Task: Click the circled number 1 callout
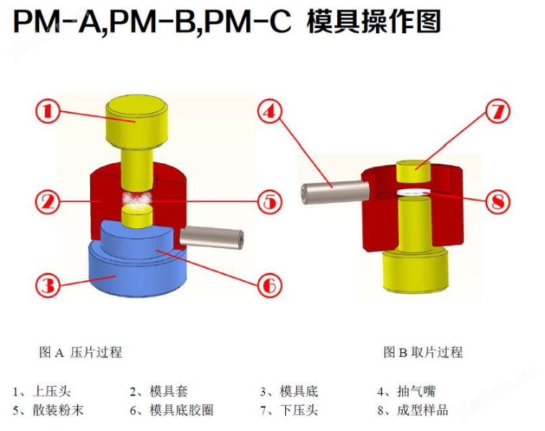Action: (48, 111)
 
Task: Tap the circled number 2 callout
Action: (48, 201)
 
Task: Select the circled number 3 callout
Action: (48, 285)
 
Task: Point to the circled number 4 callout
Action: (270, 111)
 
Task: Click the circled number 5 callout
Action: (270, 201)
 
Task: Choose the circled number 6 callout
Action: (270, 285)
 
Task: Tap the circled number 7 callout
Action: (498, 111)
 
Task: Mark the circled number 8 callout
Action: (498, 201)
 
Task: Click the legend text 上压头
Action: (51, 391)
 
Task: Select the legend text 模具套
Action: (169, 391)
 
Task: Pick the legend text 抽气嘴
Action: (416, 391)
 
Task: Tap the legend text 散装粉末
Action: (58, 411)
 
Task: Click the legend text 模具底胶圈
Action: (181, 411)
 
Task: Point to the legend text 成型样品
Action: (422, 411)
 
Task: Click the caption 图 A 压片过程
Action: (81, 352)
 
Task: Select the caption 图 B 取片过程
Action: (423, 352)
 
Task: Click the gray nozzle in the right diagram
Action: (335, 193)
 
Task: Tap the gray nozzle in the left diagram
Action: (212, 237)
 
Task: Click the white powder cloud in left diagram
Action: (137, 199)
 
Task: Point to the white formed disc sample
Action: (414, 191)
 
